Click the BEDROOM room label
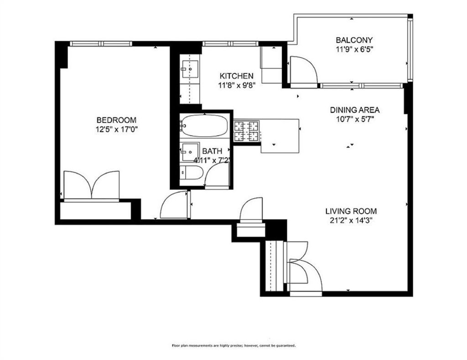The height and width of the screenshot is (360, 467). coord(116,120)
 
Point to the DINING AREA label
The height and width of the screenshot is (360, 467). coord(355,110)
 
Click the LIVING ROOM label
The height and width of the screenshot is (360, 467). coord(351,211)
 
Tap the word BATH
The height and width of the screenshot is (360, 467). coord(212,151)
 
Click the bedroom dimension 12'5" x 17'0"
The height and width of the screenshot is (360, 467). coord(116,129)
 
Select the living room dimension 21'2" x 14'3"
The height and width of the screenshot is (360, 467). coord(351,220)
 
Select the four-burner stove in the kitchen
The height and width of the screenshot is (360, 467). coord(246,131)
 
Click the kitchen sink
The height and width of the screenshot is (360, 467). coord(189,70)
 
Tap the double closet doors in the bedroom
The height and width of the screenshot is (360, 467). coord(92,185)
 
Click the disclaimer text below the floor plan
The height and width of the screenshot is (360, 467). coord(233,345)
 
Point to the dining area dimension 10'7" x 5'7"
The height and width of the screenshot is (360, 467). coord(355,119)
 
